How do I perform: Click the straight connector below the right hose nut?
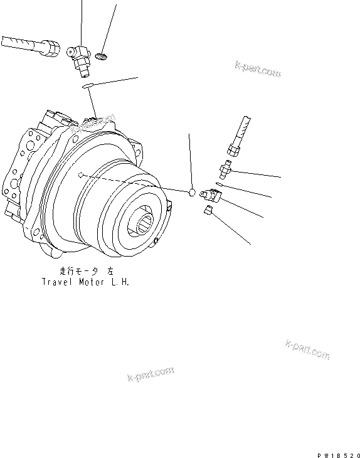pos(226,168)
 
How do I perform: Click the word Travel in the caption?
pos(56,282)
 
